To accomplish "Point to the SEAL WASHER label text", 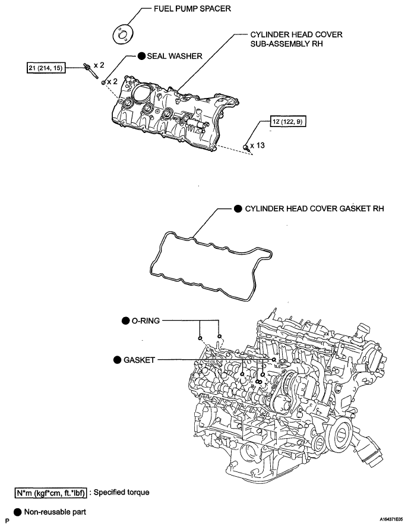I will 175,56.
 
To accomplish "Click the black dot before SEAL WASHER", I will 141,56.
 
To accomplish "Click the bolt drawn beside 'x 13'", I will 245,145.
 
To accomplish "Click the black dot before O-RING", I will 125,321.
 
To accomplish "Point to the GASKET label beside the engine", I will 140,360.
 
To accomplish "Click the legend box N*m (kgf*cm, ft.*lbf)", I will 51,492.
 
